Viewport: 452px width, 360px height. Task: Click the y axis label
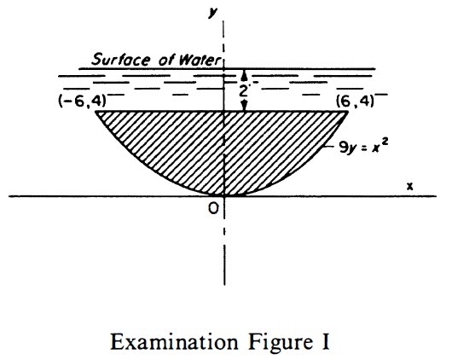pos(213,12)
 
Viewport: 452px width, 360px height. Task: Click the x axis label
pos(409,187)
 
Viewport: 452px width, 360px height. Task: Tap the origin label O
pos(213,208)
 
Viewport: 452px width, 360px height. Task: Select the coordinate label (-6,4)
pos(82,101)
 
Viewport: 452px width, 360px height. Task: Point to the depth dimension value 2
pos(244,91)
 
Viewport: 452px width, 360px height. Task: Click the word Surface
pos(121,60)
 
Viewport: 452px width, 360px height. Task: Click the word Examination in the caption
pos(174,342)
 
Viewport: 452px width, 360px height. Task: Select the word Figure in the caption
pos(281,343)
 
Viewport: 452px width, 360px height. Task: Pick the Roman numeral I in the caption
pos(326,342)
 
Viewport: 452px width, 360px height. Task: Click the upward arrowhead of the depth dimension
pos(244,75)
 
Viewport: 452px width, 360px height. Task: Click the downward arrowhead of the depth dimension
pos(245,106)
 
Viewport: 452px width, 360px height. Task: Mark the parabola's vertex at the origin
pos(224,196)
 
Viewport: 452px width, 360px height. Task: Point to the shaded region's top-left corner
pos(96,111)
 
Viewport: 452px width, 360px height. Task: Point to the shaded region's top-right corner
pos(348,111)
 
